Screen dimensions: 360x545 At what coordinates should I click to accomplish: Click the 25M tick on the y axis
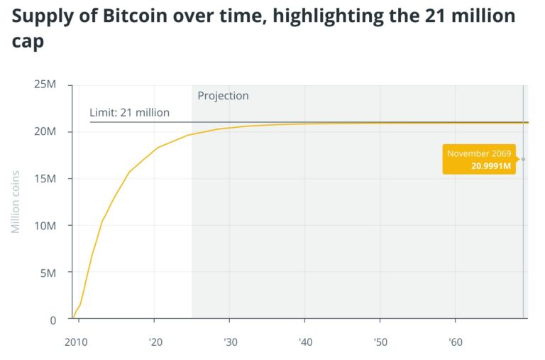45,85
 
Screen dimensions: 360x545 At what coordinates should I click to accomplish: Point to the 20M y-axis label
45,132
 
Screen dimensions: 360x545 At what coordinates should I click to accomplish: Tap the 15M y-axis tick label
45,179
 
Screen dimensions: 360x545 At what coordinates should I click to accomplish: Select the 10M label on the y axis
45,226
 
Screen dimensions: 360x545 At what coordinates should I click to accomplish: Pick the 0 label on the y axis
53,320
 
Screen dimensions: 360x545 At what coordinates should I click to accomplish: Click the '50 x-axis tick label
380,342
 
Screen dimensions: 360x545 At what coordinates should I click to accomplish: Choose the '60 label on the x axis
456,342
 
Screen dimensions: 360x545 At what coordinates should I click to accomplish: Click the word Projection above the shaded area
223,96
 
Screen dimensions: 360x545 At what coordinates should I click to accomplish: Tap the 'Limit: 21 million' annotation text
129,112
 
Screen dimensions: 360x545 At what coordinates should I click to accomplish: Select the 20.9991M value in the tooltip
491,166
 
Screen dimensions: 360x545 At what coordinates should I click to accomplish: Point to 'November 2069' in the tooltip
479,153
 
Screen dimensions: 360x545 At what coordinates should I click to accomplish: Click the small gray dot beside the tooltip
523,159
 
